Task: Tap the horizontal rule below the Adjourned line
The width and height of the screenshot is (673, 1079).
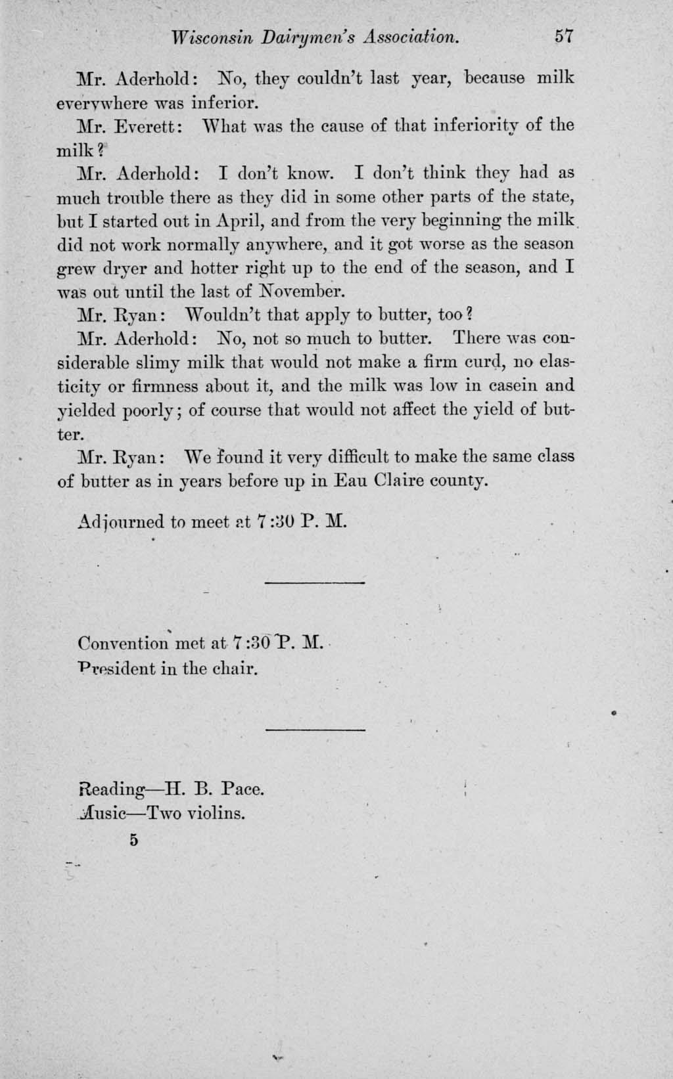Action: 314,583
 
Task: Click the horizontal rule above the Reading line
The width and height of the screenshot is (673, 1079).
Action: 315,730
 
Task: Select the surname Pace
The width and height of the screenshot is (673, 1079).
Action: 243,788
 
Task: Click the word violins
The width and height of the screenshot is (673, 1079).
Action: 216,814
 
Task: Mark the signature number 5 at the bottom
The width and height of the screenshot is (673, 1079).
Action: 135,840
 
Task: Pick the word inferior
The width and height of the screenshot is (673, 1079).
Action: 222,103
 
